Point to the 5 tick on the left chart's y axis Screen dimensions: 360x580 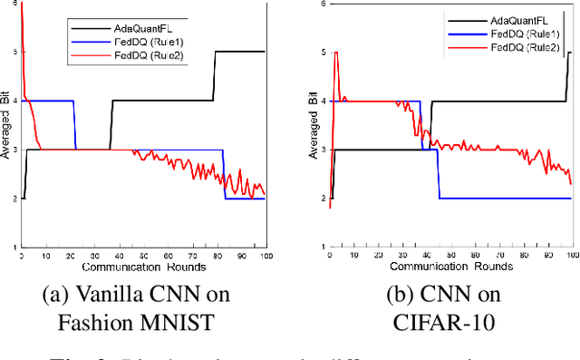(13, 53)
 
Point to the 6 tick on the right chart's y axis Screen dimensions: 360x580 (320, 5)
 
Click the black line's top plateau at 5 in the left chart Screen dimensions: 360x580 (240, 52)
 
